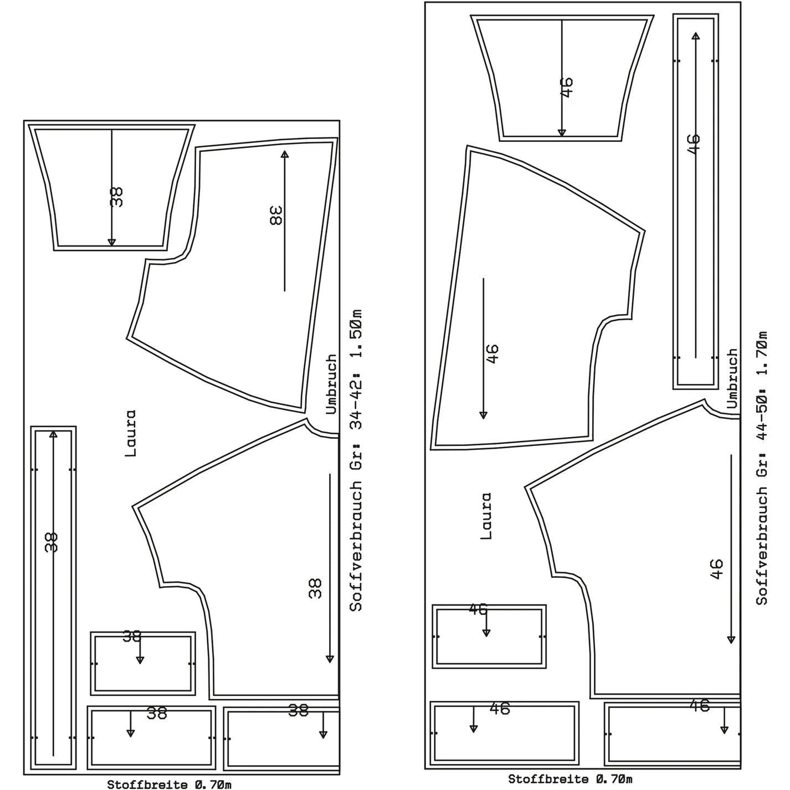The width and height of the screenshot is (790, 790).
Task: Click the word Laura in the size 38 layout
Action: [130, 433]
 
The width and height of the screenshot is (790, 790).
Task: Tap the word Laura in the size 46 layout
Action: [485, 516]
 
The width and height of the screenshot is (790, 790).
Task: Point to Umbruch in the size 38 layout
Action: [331, 384]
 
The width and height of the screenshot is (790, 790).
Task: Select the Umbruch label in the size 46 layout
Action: [732, 378]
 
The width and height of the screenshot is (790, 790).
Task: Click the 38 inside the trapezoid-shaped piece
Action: [117, 197]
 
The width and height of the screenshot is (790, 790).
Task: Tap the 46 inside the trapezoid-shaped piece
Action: [567, 88]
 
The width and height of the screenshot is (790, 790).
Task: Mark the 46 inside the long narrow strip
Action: [694, 144]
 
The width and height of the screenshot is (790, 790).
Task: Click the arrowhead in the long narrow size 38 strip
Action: [53, 434]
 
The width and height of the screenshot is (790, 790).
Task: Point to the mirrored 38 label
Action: [276, 216]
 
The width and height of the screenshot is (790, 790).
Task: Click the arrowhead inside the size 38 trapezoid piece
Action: [111, 242]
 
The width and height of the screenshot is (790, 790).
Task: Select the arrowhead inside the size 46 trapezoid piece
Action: [562, 133]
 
